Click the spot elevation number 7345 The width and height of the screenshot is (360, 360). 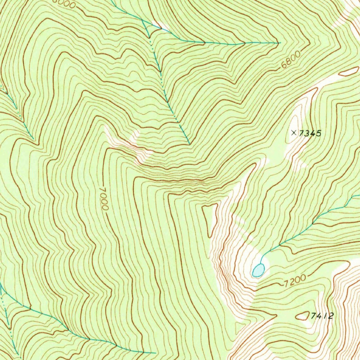tap(311, 133)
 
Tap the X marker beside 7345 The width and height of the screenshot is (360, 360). tap(294, 133)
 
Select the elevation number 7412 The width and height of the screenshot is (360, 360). tap(322, 316)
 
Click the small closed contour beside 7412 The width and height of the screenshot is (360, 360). tap(302, 316)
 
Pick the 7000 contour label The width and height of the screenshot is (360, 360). tap(103, 198)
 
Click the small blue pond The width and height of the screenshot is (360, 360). tap(258, 270)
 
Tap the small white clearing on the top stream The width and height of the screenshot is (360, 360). tap(161, 26)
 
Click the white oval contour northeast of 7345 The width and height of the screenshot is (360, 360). tap(348, 72)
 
